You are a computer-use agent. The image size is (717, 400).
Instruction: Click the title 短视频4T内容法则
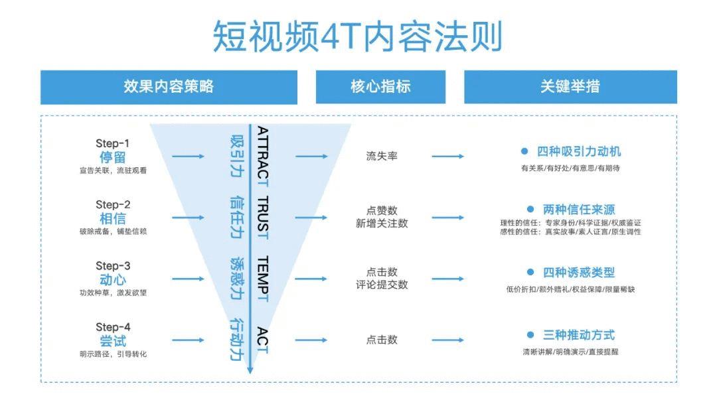(x=357, y=36)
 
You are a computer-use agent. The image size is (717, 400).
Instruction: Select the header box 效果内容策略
(x=169, y=86)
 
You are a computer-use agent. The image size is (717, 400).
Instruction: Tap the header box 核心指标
(x=380, y=86)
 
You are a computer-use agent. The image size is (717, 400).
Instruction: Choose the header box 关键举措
(x=570, y=86)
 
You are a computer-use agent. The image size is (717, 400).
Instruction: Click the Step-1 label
(x=113, y=143)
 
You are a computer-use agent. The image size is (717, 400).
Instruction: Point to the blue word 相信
(x=113, y=219)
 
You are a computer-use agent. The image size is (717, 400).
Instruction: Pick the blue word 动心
(x=113, y=280)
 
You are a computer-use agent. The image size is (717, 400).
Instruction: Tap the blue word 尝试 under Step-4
(x=113, y=341)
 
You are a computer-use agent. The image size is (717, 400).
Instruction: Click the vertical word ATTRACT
(x=263, y=155)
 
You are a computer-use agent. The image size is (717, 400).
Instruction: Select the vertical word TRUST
(x=263, y=217)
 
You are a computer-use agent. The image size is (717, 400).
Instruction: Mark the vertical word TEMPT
(x=263, y=279)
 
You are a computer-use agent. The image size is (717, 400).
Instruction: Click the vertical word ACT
(x=263, y=340)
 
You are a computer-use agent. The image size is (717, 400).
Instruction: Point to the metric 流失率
(x=382, y=157)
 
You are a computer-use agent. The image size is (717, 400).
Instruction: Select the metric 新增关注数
(x=382, y=224)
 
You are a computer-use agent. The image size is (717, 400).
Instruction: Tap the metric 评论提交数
(x=382, y=285)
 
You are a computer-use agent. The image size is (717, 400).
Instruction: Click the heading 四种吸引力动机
(x=579, y=152)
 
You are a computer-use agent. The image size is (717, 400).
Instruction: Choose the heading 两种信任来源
(x=579, y=210)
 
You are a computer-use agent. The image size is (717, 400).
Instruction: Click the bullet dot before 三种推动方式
(x=530, y=335)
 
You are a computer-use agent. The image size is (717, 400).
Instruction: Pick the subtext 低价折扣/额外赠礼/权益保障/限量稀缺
(x=570, y=289)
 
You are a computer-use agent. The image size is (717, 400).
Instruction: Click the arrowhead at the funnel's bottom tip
(x=250, y=369)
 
